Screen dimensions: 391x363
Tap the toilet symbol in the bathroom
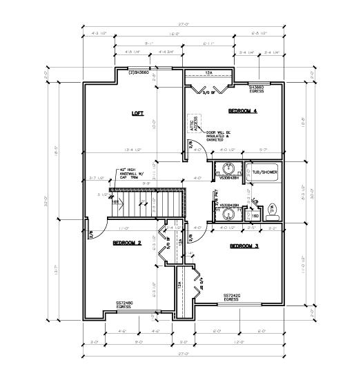coord(274,208)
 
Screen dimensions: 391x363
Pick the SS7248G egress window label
coord(125,304)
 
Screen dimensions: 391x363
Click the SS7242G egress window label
coord(231,297)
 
